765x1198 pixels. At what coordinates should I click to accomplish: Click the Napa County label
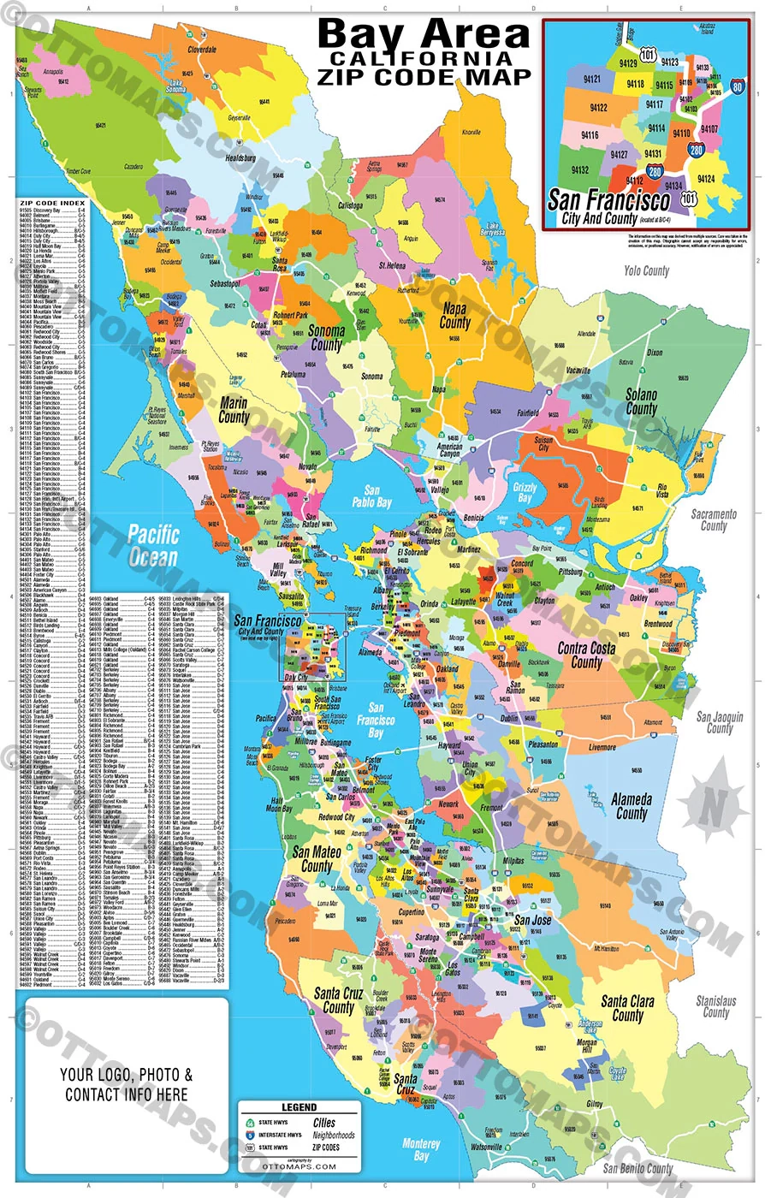point(455,316)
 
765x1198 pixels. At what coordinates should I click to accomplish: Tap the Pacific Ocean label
point(152,546)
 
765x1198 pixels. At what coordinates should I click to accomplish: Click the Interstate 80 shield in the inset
point(737,86)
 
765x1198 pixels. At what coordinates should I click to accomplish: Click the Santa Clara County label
point(627,1007)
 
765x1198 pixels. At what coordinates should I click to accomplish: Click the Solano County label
point(641,402)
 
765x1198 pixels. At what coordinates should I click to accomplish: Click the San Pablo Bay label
point(373,498)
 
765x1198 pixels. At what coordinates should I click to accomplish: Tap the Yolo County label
point(646,271)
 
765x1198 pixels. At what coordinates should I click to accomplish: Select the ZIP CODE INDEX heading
point(50,203)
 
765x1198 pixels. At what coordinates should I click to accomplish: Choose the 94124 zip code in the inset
point(705,179)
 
